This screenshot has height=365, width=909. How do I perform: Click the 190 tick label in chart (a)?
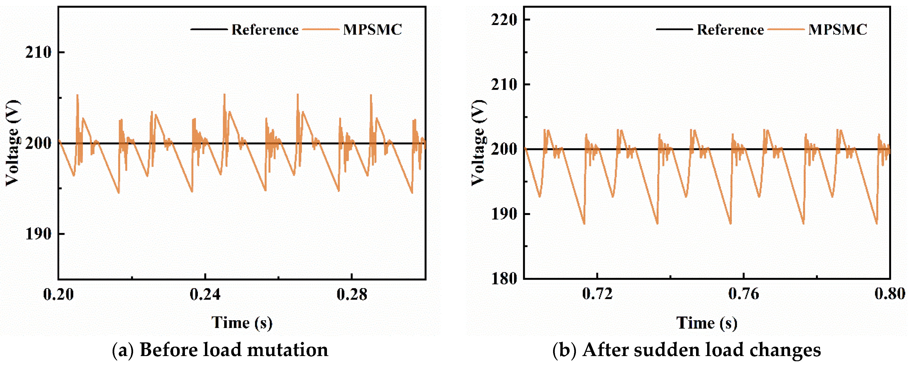tap(38, 234)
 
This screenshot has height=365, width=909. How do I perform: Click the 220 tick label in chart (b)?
tap(504, 20)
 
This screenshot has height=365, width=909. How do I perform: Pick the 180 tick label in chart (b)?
tap(504, 279)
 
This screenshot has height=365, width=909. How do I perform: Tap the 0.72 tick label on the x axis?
tap(597, 294)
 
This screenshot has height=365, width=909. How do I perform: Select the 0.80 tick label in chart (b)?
tap(889, 294)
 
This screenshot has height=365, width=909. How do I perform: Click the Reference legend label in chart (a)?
tap(265, 30)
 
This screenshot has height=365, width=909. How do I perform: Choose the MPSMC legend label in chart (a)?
tap(372, 30)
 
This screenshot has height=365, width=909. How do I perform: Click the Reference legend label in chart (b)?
tap(730, 30)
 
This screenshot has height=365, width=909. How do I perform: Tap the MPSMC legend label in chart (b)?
tap(837, 30)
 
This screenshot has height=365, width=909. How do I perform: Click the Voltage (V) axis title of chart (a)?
tap(13, 143)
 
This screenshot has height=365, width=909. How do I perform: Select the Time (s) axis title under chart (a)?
tap(242, 323)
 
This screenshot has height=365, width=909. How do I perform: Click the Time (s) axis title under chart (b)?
tap(707, 323)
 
